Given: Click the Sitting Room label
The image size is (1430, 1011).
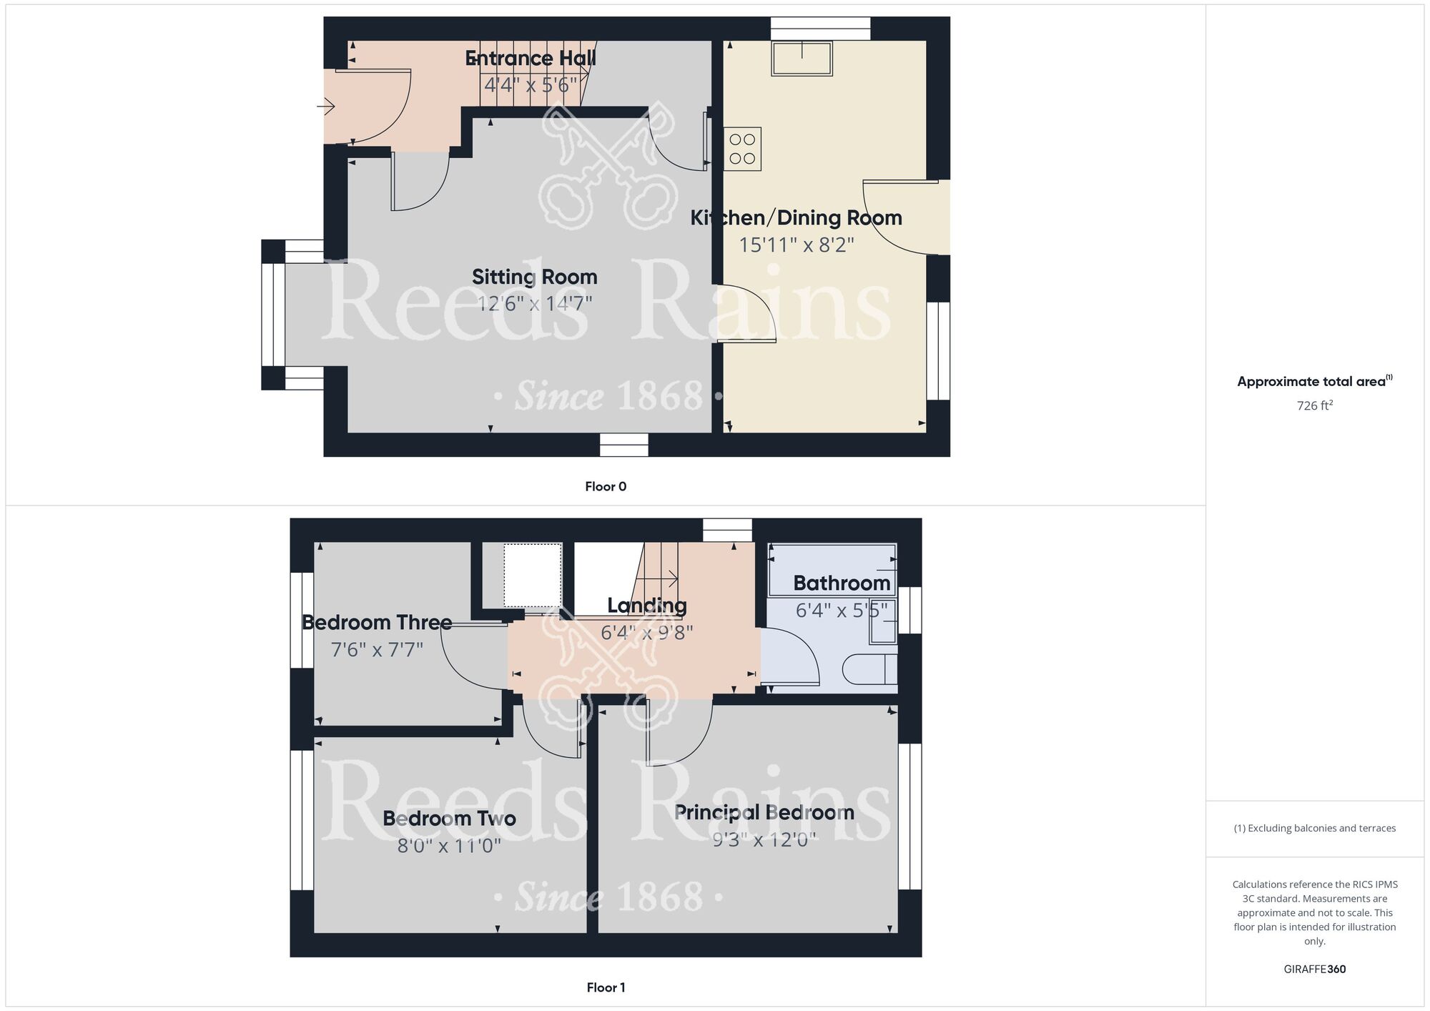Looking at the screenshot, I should (x=534, y=277).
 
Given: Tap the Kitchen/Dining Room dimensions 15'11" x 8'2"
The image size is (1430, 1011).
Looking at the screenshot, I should (x=796, y=245).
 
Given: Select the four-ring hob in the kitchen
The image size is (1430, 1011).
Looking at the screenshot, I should (x=742, y=149).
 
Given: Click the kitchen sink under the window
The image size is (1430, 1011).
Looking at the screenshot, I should (x=802, y=58).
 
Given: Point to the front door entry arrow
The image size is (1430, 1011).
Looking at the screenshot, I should (x=326, y=107).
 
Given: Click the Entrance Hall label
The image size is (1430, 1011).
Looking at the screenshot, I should (x=531, y=59).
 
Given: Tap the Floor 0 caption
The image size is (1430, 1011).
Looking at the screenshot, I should (x=605, y=486).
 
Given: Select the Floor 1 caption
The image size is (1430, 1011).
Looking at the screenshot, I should (x=605, y=987).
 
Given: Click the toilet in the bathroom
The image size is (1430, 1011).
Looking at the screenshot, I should (x=868, y=670).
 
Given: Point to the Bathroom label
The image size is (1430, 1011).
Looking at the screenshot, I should (x=841, y=583).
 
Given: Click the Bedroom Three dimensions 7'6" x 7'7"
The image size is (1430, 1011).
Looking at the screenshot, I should (x=376, y=650).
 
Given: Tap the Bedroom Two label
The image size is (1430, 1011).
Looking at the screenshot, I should (x=449, y=819).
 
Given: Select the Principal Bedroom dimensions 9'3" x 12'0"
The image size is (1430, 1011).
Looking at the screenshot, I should (x=764, y=839).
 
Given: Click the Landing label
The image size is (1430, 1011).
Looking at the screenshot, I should (x=646, y=606).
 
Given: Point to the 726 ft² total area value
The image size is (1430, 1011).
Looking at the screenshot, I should (x=1314, y=405).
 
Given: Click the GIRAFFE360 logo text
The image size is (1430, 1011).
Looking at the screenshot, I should (x=1314, y=970).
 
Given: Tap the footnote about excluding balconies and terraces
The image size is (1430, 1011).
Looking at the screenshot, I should (x=1314, y=828).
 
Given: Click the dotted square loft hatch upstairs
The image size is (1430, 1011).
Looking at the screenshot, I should (x=532, y=575).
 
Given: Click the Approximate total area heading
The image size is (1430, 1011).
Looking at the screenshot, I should (x=1314, y=381).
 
